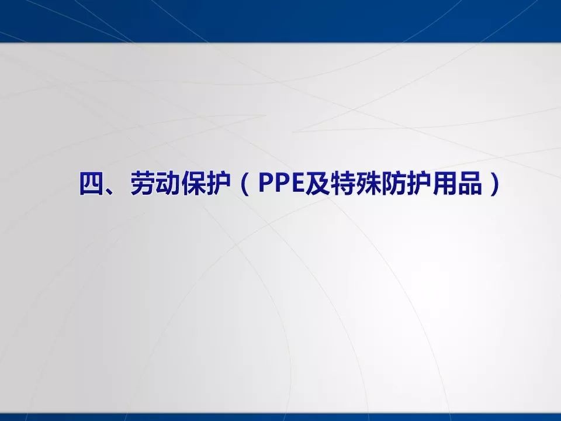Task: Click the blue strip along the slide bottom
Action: click(280, 416)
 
